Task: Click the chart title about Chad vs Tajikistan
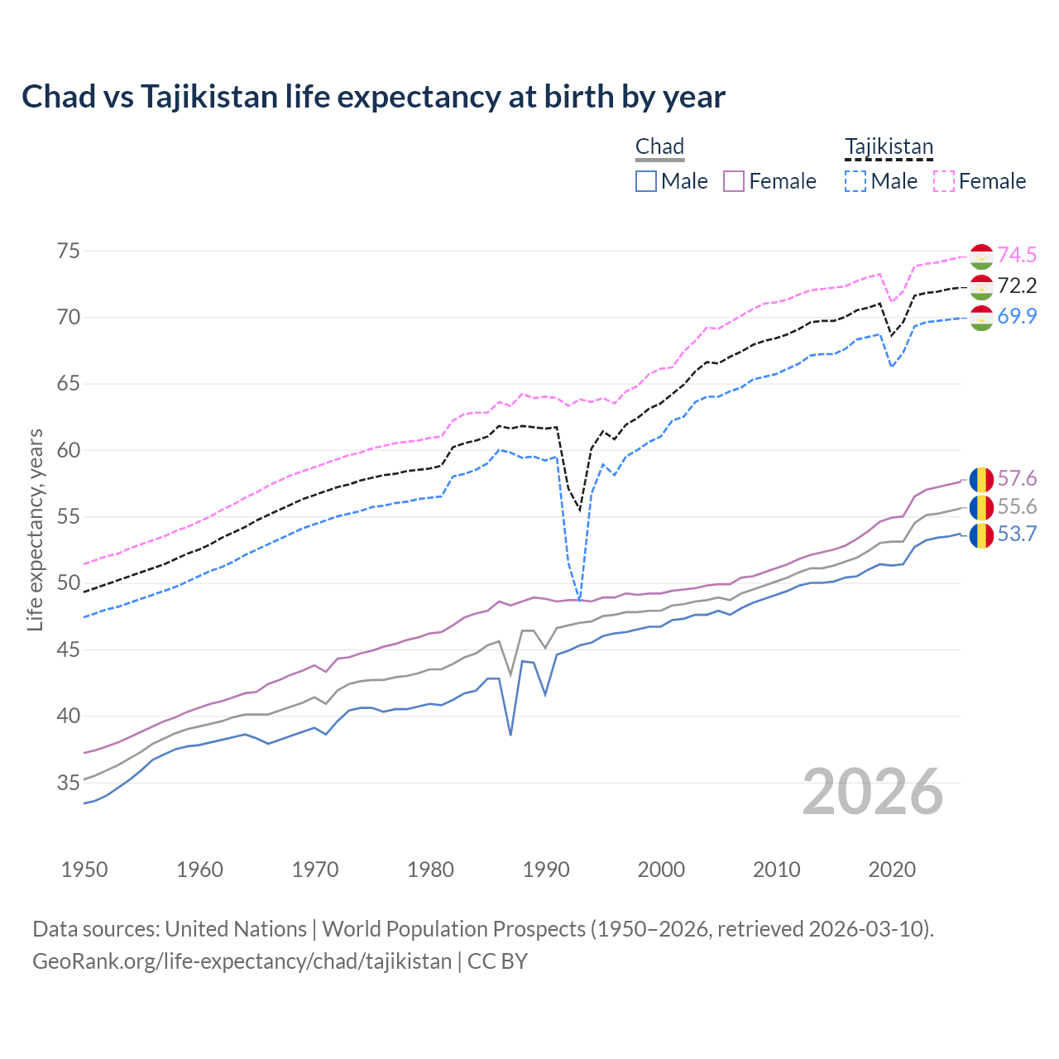coord(373,97)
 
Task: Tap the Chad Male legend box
coord(646,181)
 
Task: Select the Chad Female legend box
coord(734,181)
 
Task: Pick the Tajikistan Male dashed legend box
coord(855,181)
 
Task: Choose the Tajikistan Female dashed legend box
coord(944,181)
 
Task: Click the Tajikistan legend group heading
coord(889,146)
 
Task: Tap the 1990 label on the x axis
coord(546,870)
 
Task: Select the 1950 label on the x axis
coord(84,870)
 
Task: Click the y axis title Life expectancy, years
coord(35,529)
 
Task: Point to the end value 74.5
coord(1017,255)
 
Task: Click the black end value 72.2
coord(1017,286)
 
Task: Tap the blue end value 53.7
coord(1017,534)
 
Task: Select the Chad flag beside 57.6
coord(981,480)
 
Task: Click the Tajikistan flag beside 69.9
coord(981,318)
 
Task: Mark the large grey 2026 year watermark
coord(873,792)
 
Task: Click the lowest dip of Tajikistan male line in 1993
coord(580,600)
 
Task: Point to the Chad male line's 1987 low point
coord(510,735)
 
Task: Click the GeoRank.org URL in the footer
coord(242,961)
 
